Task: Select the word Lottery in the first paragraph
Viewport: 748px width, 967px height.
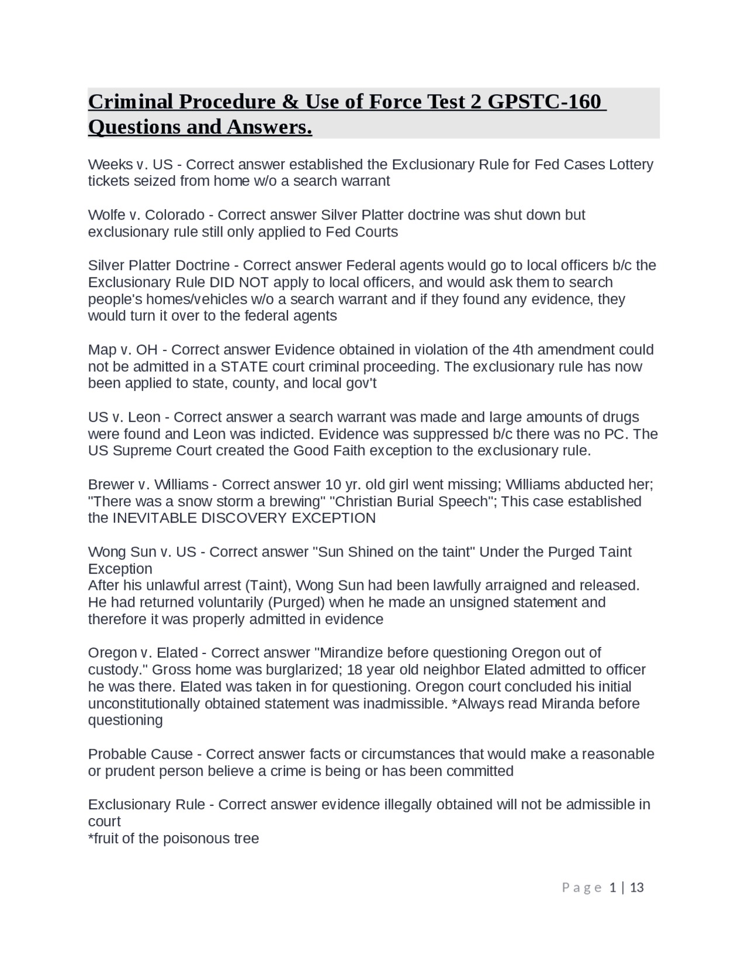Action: click(631, 165)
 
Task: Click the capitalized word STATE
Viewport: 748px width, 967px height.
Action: click(244, 367)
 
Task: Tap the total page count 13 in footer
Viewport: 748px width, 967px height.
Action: click(637, 888)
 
